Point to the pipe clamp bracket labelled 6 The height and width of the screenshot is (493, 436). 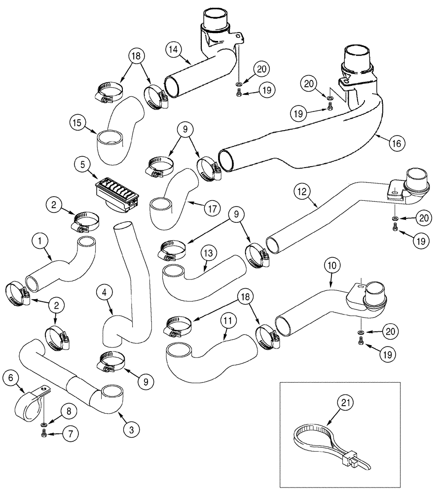click(27, 404)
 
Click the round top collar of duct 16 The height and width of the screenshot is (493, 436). click(357, 55)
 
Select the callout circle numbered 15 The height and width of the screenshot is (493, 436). click(79, 122)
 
